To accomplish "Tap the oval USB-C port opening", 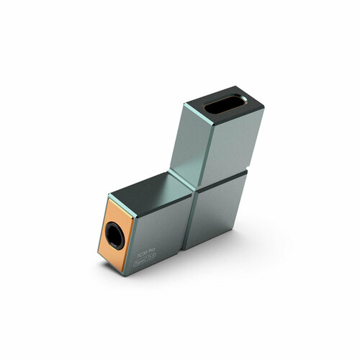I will pyautogui.click(x=223, y=107).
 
